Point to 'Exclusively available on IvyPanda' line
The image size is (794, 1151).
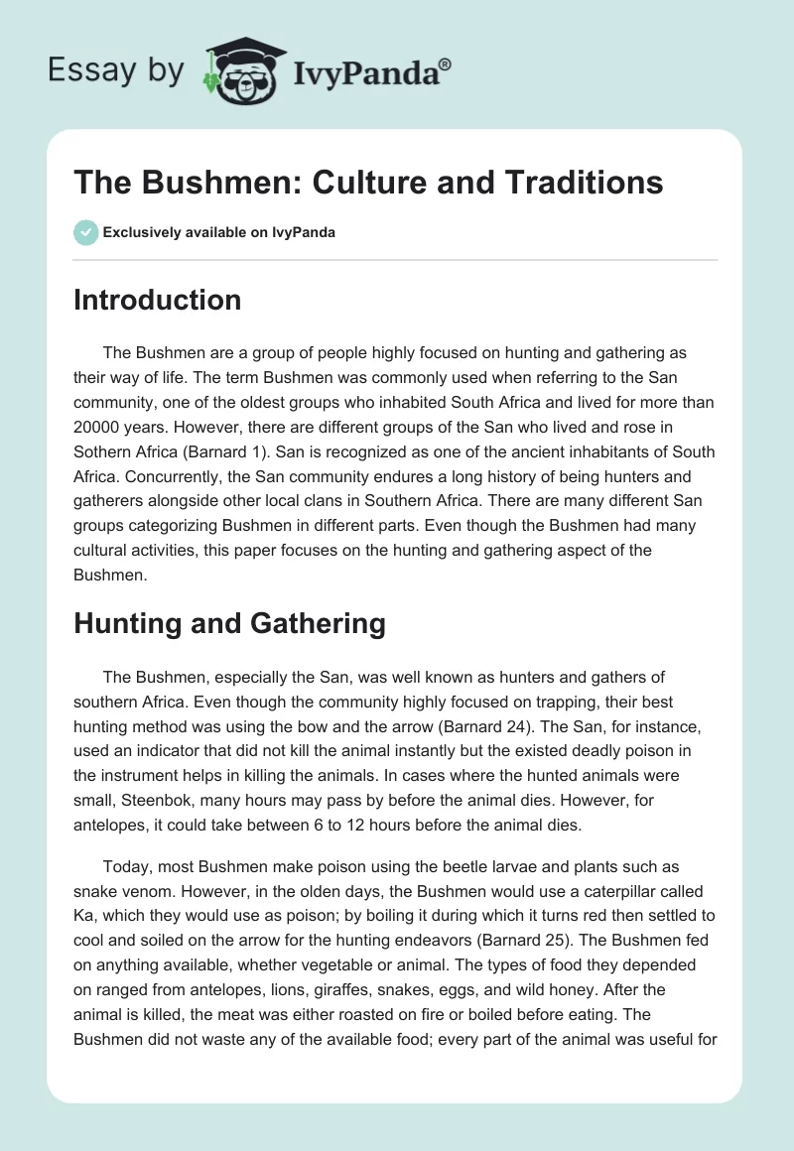pyautogui.click(x=219, y=233)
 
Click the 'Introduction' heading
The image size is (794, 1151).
pyautogui.click(x=157, y=300)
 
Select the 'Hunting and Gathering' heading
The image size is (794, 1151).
pyautogui.click(x=229, y=623)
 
